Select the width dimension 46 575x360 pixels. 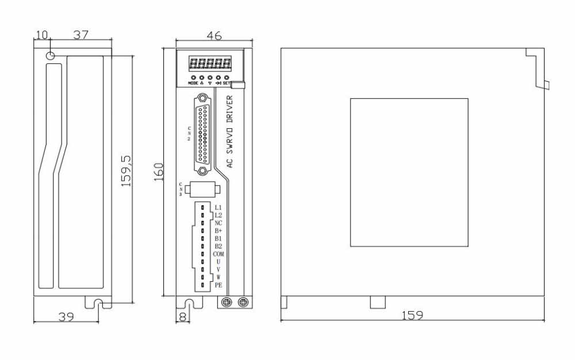pos(214,36)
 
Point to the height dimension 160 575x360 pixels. pos(159,171)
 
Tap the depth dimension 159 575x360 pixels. pos(413,315)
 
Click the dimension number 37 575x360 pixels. pos(80,35)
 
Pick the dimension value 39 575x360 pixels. pos(67,316)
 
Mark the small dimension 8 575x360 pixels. pos(183,316)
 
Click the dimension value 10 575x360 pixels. pos(41,35)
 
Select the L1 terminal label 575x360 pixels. pos(218,207)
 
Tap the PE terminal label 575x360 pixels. pos(218,285)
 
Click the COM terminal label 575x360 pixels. pos(218,254)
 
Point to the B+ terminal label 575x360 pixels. pos(218,231)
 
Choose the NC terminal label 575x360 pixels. pos(218,223)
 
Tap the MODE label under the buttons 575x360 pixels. pos(193,83)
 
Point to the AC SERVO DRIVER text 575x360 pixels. pos(230,132)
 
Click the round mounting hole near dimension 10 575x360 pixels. pos(51,56)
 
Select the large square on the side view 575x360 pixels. pos(409,172)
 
